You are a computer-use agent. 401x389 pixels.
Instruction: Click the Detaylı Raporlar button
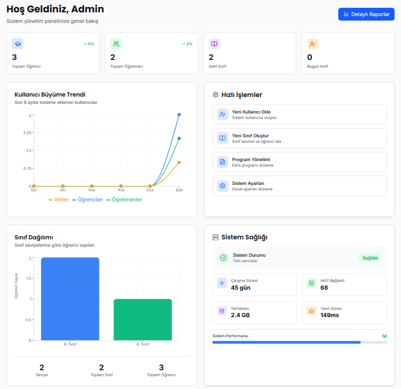(366, 14)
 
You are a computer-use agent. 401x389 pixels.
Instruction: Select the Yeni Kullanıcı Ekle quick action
(299, 114)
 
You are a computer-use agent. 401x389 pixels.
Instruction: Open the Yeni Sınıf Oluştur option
(299, 138)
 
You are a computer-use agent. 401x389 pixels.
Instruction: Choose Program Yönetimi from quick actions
(299, 162)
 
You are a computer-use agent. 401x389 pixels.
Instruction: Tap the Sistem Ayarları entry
(299, 186)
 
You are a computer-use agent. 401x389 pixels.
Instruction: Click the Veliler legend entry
(59, 200)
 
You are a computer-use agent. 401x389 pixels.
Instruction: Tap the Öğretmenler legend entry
(124, 200)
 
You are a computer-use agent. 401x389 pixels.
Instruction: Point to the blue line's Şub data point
(179, 114)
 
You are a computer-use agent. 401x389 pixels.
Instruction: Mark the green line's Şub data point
(179, 138)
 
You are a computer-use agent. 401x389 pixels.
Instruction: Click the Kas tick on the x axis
(92, 190)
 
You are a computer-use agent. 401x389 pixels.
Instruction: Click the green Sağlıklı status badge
(369, 258)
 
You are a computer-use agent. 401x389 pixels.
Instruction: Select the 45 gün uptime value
(241, 288)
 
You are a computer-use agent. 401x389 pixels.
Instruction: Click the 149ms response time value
(330, 315)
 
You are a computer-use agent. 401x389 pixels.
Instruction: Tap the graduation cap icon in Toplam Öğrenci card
(17, 44)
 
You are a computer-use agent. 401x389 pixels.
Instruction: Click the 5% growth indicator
(88, 44)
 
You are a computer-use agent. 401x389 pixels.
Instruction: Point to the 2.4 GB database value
(240, 315)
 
